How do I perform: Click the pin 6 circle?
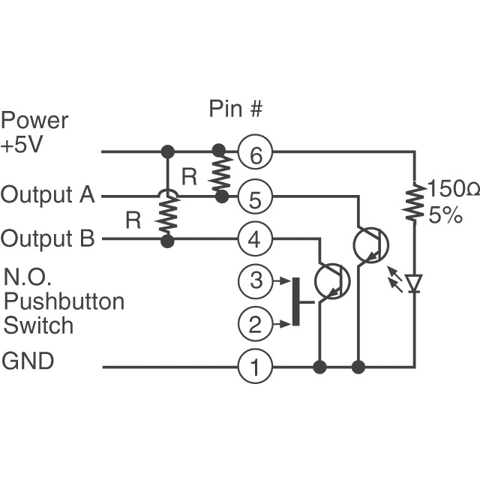click(x=256, y=155)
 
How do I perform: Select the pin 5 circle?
click(x=256, y=199)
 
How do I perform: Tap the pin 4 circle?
click(x=256, y=241)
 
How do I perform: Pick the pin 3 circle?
click(x=256, y=281)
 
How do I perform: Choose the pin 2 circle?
click(x=256, y=324)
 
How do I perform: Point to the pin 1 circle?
click(x=256, y=367)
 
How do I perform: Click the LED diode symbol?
click(x=413, y=283)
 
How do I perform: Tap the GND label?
click(x=28, y=361)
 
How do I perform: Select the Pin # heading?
click(x=235, y=109)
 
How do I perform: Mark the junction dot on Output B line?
click(x=168, y=241)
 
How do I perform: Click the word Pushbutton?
click(x=64, y=301)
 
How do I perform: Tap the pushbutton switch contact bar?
click(x=296, y=301)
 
